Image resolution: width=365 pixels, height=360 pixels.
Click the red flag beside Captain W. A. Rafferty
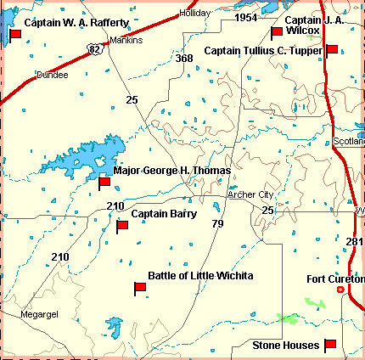[x=15, y=34]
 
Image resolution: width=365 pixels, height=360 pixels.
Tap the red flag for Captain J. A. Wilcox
[x=276, y=33]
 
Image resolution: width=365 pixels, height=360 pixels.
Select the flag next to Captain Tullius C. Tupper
[x=331, y=50]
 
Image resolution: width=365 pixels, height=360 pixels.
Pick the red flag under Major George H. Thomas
[x=104, y=183]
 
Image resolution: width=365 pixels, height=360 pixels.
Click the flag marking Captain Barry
[x=122, y=227]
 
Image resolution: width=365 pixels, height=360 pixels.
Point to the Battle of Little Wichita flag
[x=140, y=289]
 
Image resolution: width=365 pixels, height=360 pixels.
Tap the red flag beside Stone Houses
[x=330, y=345]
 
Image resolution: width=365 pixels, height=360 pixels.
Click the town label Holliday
[x=194, y=14]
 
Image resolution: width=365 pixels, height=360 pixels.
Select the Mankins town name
[x=126, y=40]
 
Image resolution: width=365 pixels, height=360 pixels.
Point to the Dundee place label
[x=51, y=75]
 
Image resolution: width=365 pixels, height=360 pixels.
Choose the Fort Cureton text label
[x=334, y=278]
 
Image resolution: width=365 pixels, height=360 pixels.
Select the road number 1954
[x=245, y=17]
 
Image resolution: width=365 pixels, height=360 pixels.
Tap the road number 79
[x=217, y=224]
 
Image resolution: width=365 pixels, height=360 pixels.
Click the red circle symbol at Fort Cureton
[x=341, y=290]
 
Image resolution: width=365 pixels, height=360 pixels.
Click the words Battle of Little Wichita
[x=201, y=276]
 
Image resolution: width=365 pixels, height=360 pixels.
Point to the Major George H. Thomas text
[x=171, y=170]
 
